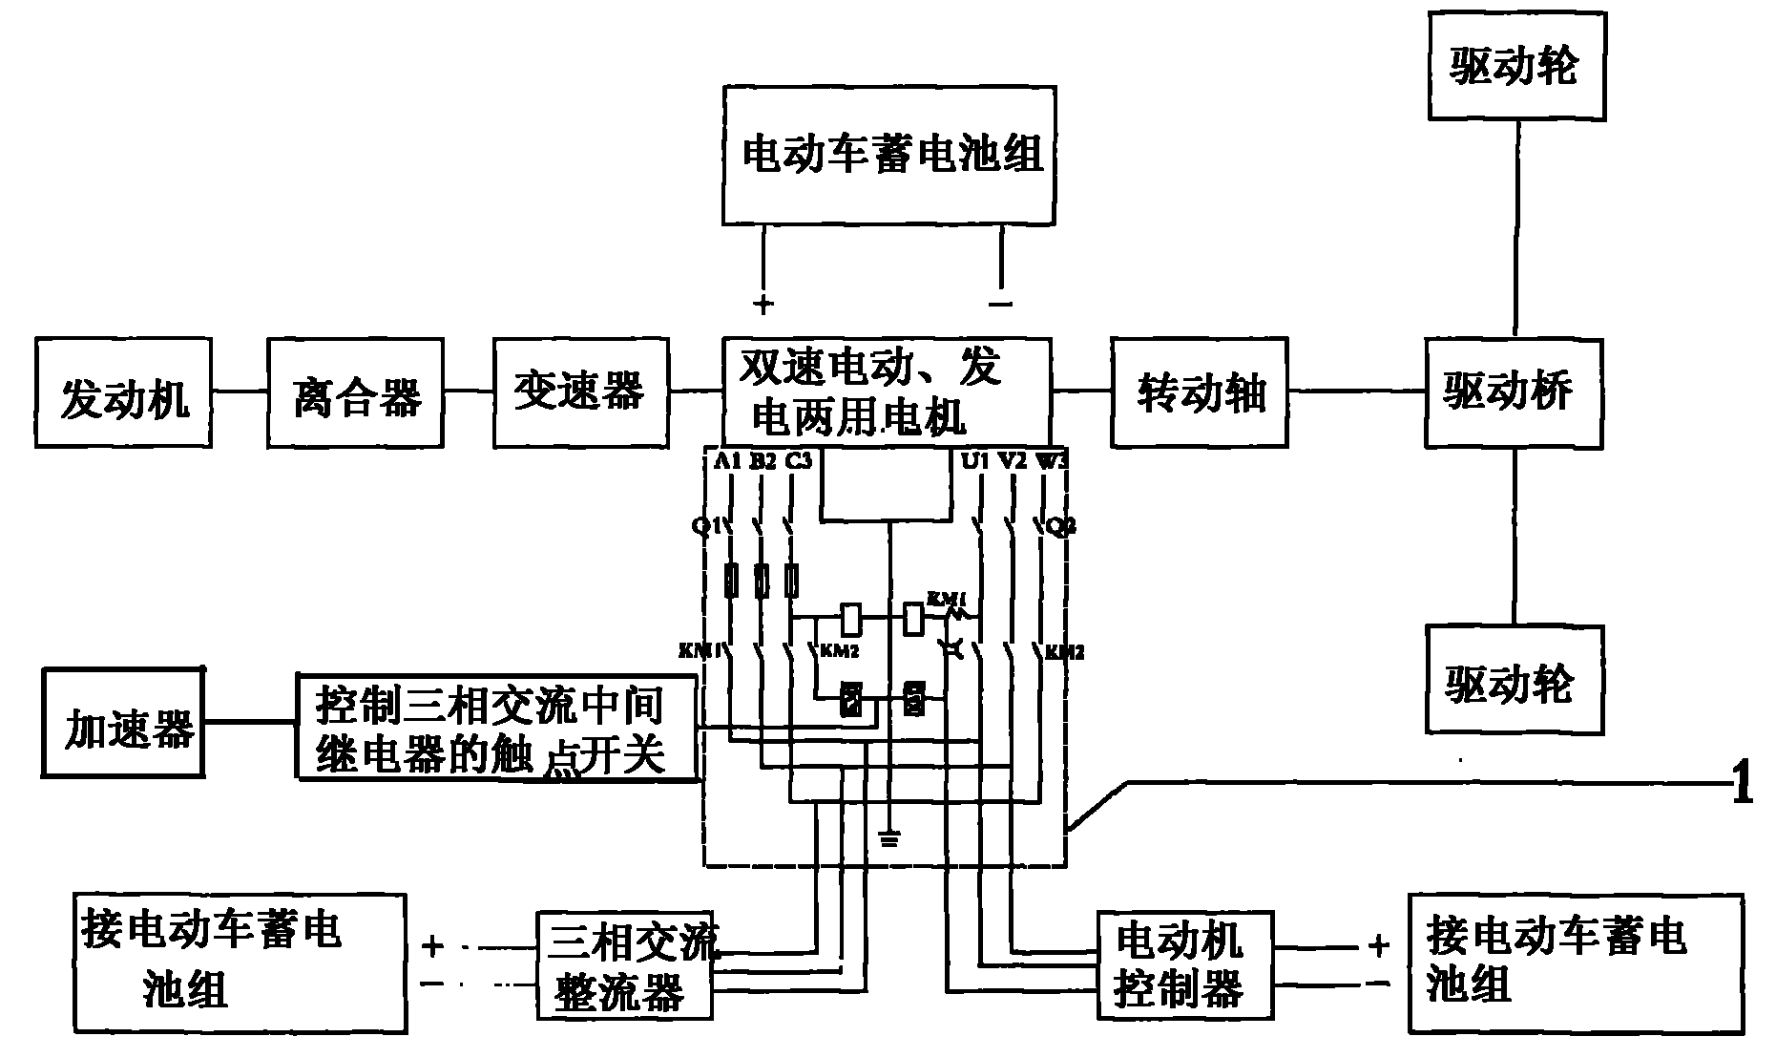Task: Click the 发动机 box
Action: [x=123, y=392]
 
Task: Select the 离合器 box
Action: [x=355, y=392]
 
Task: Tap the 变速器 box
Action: [x=581, y=391]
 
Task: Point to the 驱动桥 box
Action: [x=1514, y=392]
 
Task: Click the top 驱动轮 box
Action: [x=1516, y=67]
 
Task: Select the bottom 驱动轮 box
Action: [x=1514, y=680]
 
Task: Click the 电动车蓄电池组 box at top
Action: [x=888, y=156]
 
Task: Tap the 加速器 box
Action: [x=123, y=723]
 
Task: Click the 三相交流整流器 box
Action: [x=624, y=967]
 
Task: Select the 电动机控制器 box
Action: [x=1183, y=964]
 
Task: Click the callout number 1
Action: [x=1743, y=786]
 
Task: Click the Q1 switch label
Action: [x=704, y=525]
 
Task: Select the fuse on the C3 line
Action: [x=791, y=581]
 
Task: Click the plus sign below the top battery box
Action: [x=763, y=305]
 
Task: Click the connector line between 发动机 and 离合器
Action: [x=239, y=391]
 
